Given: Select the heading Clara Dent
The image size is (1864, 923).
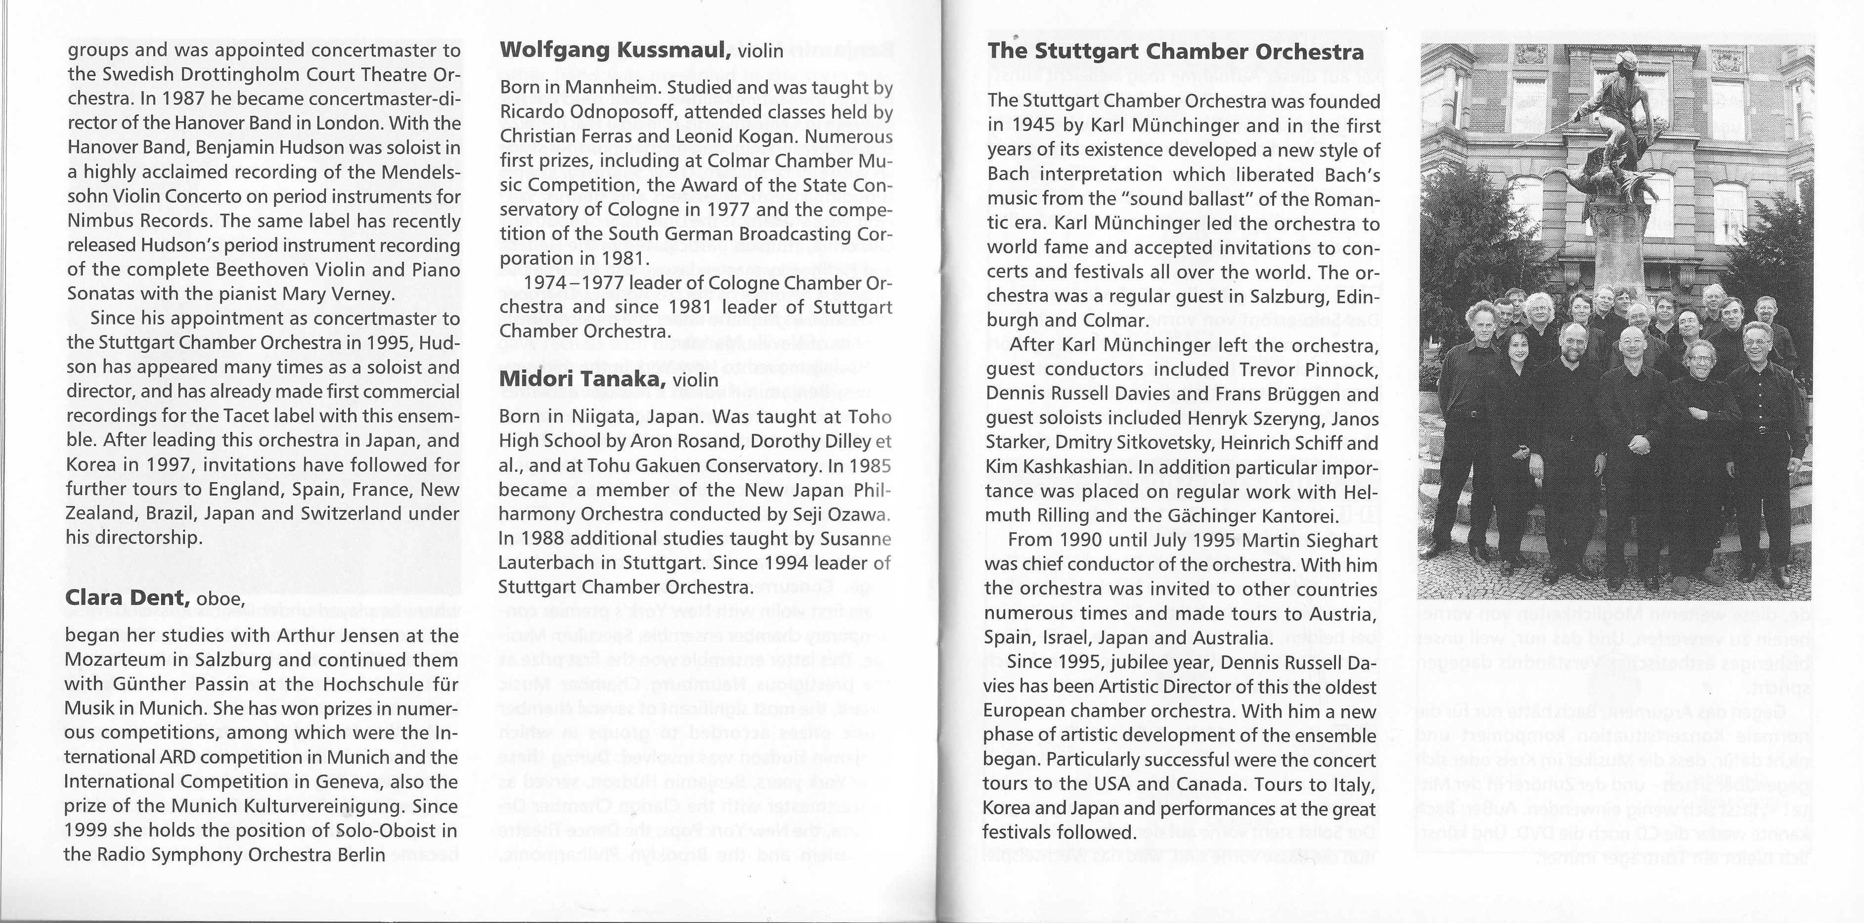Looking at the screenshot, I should (x=128, y=598).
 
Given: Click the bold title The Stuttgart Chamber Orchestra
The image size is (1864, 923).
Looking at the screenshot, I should (x=1176, y=52).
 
